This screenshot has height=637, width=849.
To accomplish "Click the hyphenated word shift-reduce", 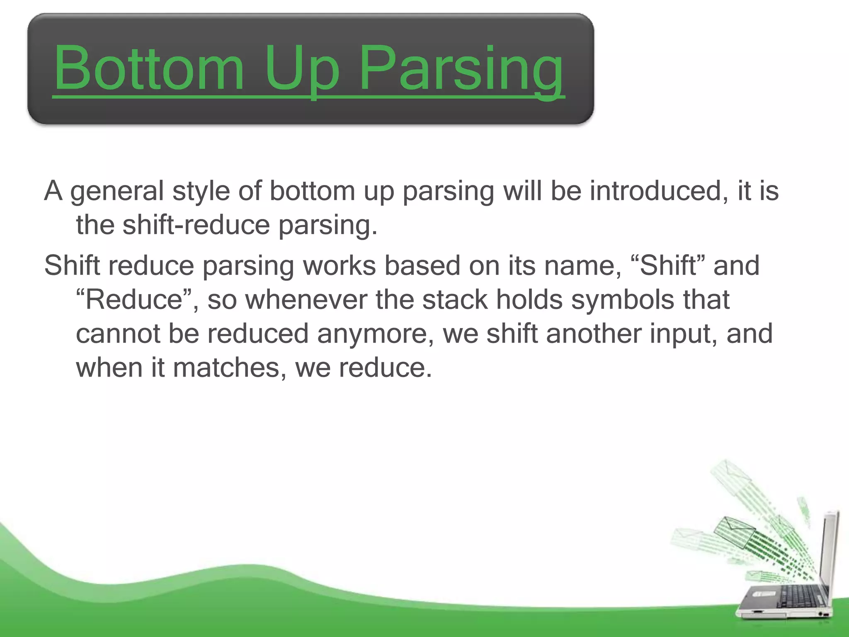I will click(196, 225).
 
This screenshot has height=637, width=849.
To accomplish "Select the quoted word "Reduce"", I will click(134, 299).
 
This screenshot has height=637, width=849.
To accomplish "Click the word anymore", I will click(375, 334).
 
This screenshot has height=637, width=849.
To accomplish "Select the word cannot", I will click(118, 334).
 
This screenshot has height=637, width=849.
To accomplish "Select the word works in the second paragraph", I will click(339, 265).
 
